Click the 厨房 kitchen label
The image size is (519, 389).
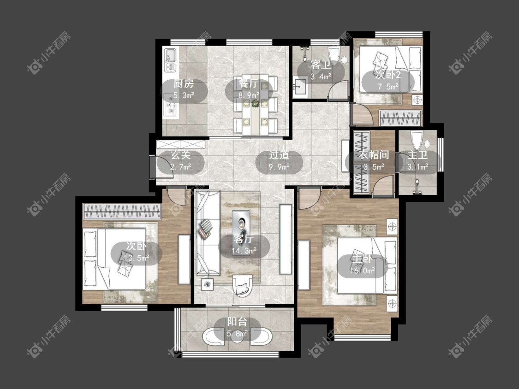click(184, 84)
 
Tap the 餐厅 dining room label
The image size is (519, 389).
click(249, 84)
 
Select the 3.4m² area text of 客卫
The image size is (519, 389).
click(321, 77)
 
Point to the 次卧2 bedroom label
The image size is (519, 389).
click(388, 75)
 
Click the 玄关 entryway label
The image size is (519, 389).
click(181, 155)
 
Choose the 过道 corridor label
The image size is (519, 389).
click(279, 155)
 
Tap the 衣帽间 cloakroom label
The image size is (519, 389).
click(374, 155)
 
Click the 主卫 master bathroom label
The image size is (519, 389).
click(418, 155)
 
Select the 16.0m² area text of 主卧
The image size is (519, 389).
click(362, 271)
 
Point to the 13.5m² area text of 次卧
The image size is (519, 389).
click(136, 258)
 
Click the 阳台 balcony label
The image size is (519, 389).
click(237, 322)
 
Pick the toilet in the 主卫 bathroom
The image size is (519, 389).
click(417, 140)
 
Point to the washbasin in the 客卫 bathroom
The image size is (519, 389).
click(300, 87)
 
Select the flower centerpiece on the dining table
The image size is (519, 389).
click(255, 104)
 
